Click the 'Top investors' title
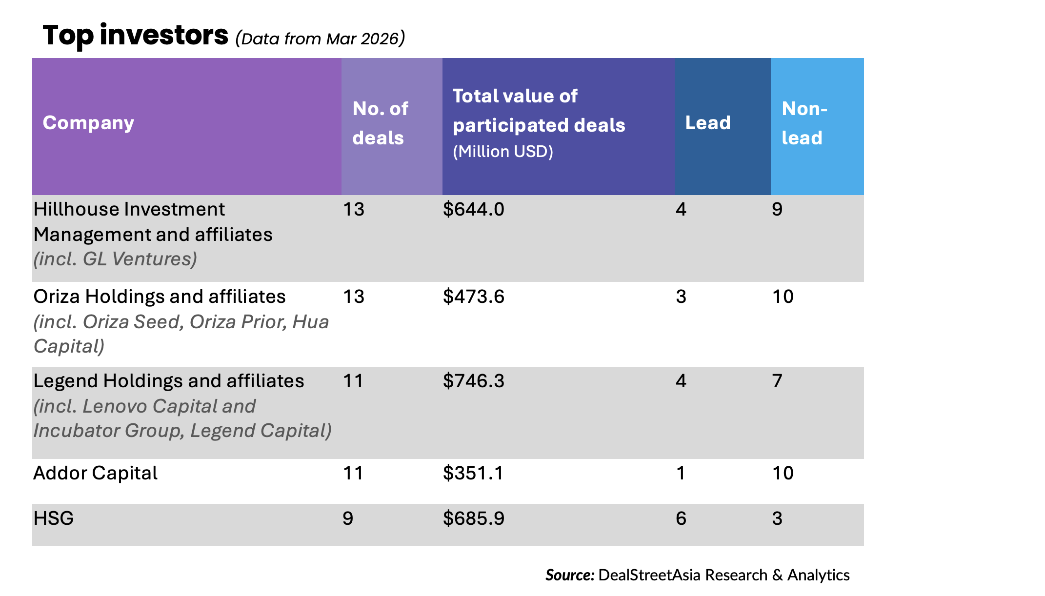click(x=135, y=36)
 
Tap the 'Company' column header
click(x=88, y=123)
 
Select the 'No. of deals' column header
click(x=380, y=123)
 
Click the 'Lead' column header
click(x=707, y=123)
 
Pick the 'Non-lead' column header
click(x=804, y=123)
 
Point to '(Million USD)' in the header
click(x=502, y=152)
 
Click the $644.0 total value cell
click(x=473, y=209)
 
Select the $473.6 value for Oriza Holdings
click(x=473, y=297)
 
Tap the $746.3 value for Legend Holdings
click(x=473, y=381)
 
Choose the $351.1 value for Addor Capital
click(x=473, y=473)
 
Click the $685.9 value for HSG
click(x=473, y=518)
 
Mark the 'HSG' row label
click(x=54, y=518)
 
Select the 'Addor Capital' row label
click(x=95, y=473)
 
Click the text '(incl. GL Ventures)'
click(x=115, y=259)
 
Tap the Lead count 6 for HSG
click(x=681, y=518)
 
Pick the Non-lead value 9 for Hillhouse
click(x=777, y=209)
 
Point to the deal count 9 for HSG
click(x=348, y=518)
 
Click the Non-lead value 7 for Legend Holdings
click(x=777, y=381)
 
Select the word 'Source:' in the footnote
click(x=569, y=575)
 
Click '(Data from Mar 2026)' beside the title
click(x=320, y=39)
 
